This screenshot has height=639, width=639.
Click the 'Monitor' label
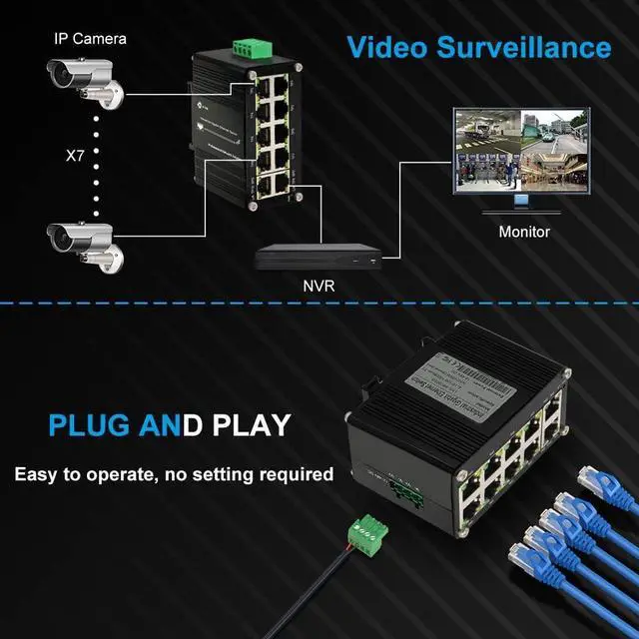pyautogui.click(x=524, y=232)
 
